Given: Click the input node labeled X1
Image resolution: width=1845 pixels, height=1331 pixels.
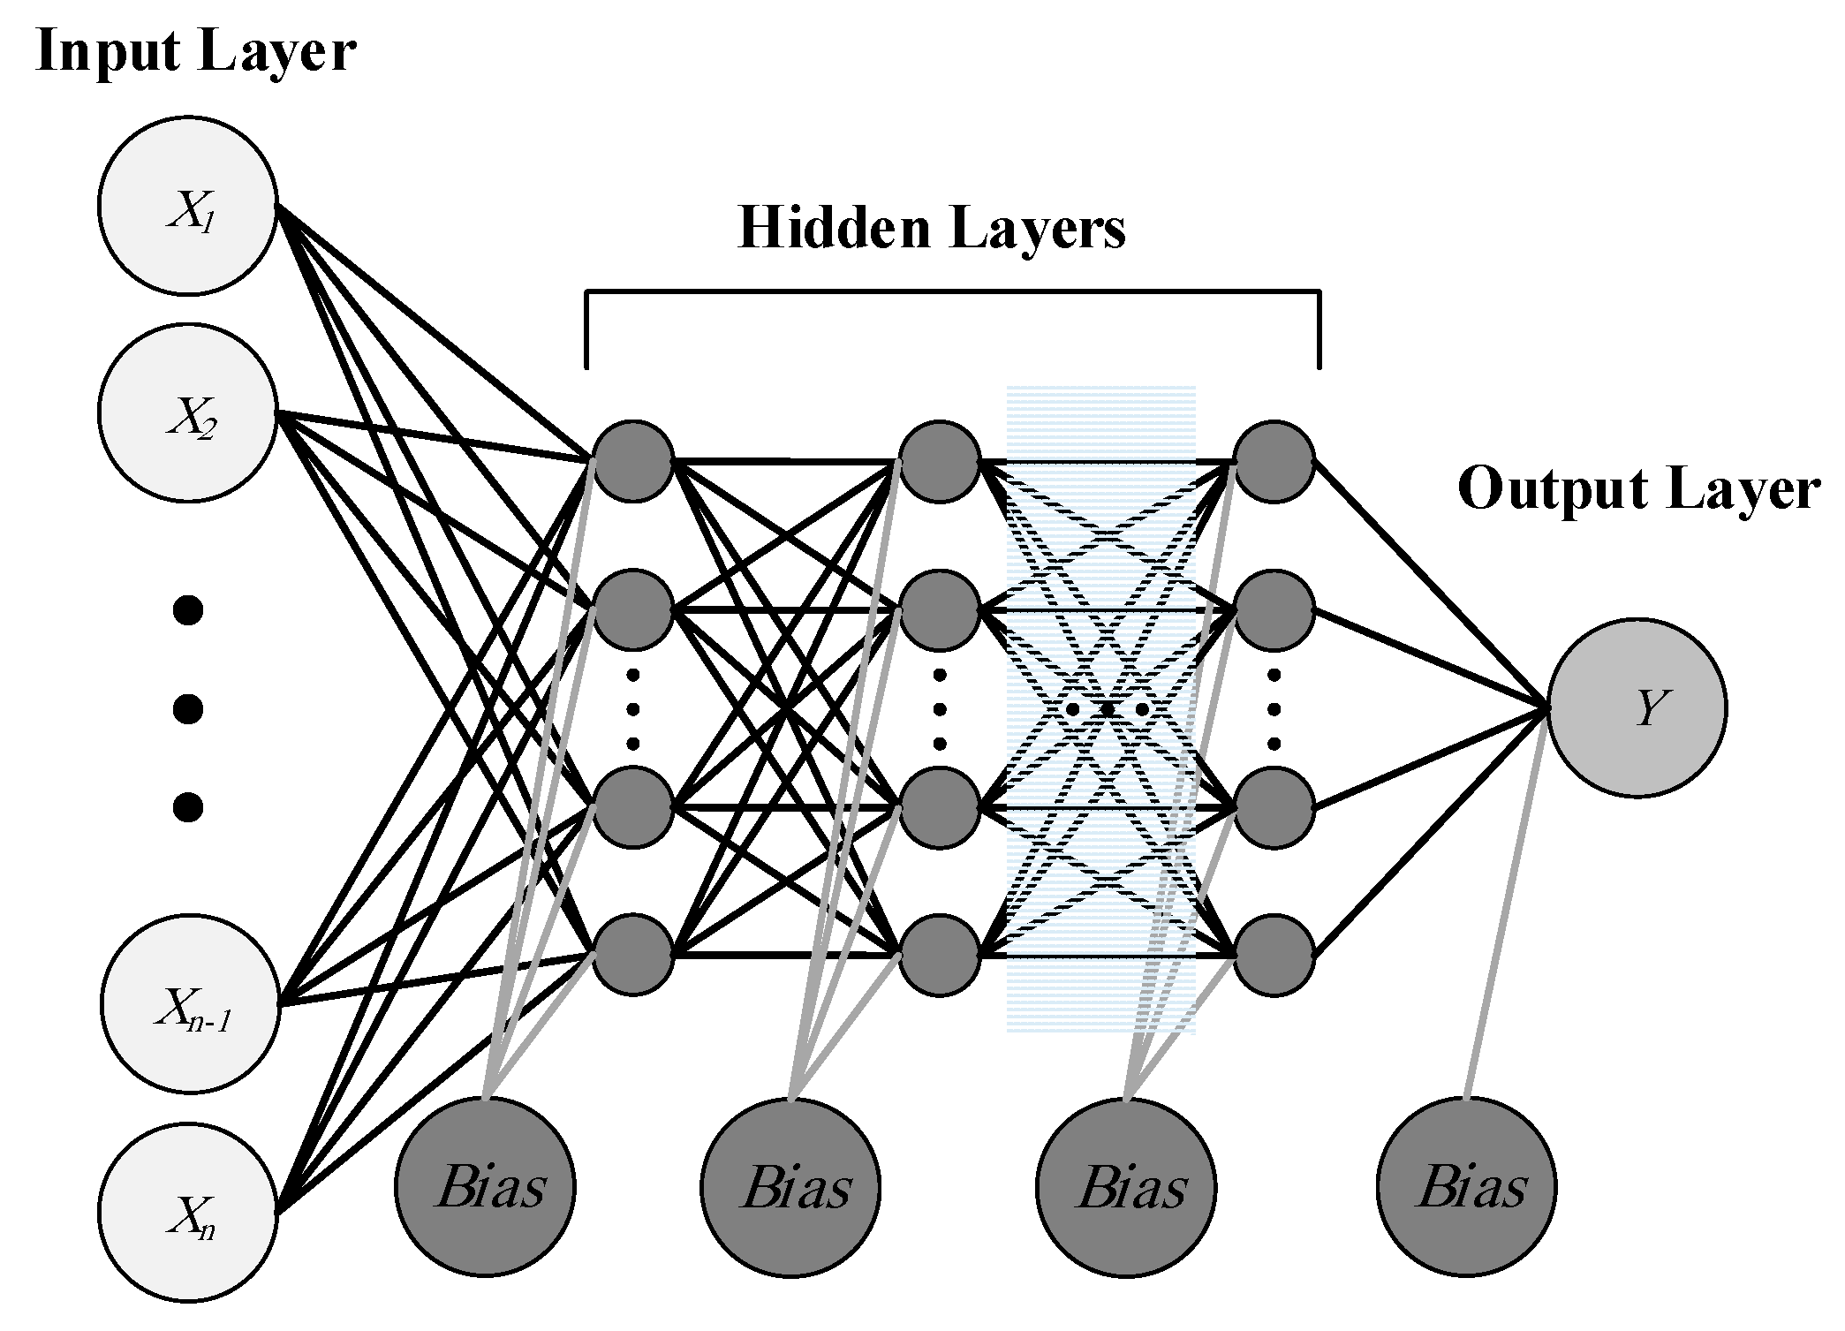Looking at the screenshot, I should (x=187, y=205).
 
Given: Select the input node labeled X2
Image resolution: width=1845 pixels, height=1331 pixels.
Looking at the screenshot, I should (x=187, y=412).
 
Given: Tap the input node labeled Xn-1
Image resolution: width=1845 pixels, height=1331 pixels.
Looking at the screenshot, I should (x=190, y=1004).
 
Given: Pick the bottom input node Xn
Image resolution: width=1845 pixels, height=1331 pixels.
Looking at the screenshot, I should (x=187, y=1212).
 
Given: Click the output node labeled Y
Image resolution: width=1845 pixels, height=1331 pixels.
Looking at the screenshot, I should (x=1637, y=707).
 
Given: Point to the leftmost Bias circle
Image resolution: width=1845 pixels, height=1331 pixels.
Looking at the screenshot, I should (x=485, y=1186).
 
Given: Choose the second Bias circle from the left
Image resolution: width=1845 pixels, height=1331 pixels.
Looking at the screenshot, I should (x=790, y=1186).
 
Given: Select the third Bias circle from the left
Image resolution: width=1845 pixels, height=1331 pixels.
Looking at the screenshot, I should (x=1126, y=1186).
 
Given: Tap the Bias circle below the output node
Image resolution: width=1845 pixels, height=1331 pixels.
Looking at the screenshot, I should (x=1466, y=1186).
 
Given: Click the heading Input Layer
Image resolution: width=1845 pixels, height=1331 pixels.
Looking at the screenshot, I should (x=196, y=51).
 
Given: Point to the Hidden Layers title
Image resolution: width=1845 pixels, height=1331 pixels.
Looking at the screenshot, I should (x=931, y=228).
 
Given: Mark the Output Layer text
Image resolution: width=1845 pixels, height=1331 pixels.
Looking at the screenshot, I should (x=1638, y=488).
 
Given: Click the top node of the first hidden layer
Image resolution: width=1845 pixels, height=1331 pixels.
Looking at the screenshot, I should (x=633, y=460).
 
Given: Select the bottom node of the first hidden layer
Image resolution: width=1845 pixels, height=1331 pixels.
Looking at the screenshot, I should (x=633, y=955).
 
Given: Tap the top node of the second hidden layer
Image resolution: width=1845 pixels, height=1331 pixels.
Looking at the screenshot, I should (x=940, y=460).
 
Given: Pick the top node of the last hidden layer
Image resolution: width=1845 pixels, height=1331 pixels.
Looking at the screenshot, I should (x=1274, y=460).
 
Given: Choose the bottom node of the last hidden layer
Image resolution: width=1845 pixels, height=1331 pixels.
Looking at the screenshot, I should (x=1274, y=955).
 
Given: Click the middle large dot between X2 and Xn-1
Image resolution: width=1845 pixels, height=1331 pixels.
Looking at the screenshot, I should (x=188, y=708).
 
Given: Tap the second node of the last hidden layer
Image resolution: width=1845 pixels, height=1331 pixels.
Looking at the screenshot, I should (x=1274, y=609).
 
